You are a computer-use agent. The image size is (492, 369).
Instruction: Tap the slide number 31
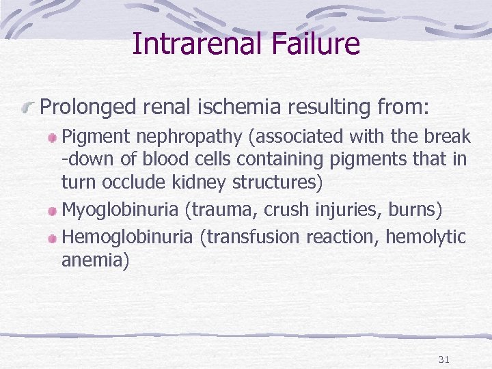pyautogui.click(x=443, y=359)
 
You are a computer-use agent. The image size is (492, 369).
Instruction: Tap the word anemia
pyautogui.click(x=94, y=260)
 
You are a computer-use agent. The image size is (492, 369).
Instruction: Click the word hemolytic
pyautogui.click(x=426, y=237)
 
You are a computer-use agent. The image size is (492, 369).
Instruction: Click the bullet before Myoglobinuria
pyautogui.click(x=53, y=208)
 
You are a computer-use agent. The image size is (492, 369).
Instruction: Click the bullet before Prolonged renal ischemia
pyautogui.click(x=29, y=107)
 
